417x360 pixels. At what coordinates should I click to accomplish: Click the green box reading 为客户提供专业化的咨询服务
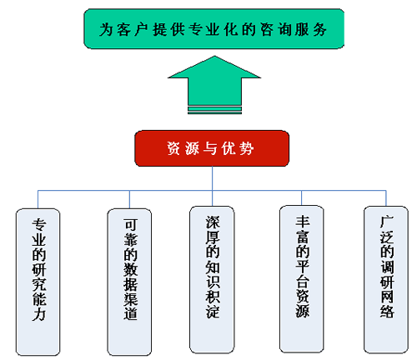coord(214,29)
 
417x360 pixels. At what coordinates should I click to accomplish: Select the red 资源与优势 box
coord(212,148)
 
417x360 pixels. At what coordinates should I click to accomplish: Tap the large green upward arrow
coord(214,85)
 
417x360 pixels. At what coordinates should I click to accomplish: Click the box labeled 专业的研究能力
coord(38,282)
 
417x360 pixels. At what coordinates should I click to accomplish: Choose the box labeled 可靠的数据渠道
coord(129,282)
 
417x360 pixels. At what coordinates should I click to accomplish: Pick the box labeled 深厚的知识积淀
coord(212,280)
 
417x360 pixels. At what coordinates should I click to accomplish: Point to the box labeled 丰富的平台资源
coord(302,279)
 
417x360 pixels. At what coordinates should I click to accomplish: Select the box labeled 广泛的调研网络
coord(386,280)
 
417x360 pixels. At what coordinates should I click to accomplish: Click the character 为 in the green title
coord(106,29)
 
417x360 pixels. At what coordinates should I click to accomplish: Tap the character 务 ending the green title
coord(320,29)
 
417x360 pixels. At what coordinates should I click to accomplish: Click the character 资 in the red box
coord(173,148)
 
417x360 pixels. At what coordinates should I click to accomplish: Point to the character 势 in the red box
coord(247,148)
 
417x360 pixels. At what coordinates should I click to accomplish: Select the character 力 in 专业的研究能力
coord(38,315)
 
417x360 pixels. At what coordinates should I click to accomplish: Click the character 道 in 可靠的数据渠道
coord(130,313)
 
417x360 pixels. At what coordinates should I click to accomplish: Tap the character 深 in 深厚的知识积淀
coord(213,222)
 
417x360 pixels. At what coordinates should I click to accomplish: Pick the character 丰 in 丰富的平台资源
coord(303,222)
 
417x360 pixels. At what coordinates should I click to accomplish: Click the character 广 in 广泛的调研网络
coord(387,222)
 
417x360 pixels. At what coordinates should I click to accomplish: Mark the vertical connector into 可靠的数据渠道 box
coord(129,199)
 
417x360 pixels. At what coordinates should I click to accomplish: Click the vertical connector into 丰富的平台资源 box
coord(302,198)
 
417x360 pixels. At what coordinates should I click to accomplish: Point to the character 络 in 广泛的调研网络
coord(387,311)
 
